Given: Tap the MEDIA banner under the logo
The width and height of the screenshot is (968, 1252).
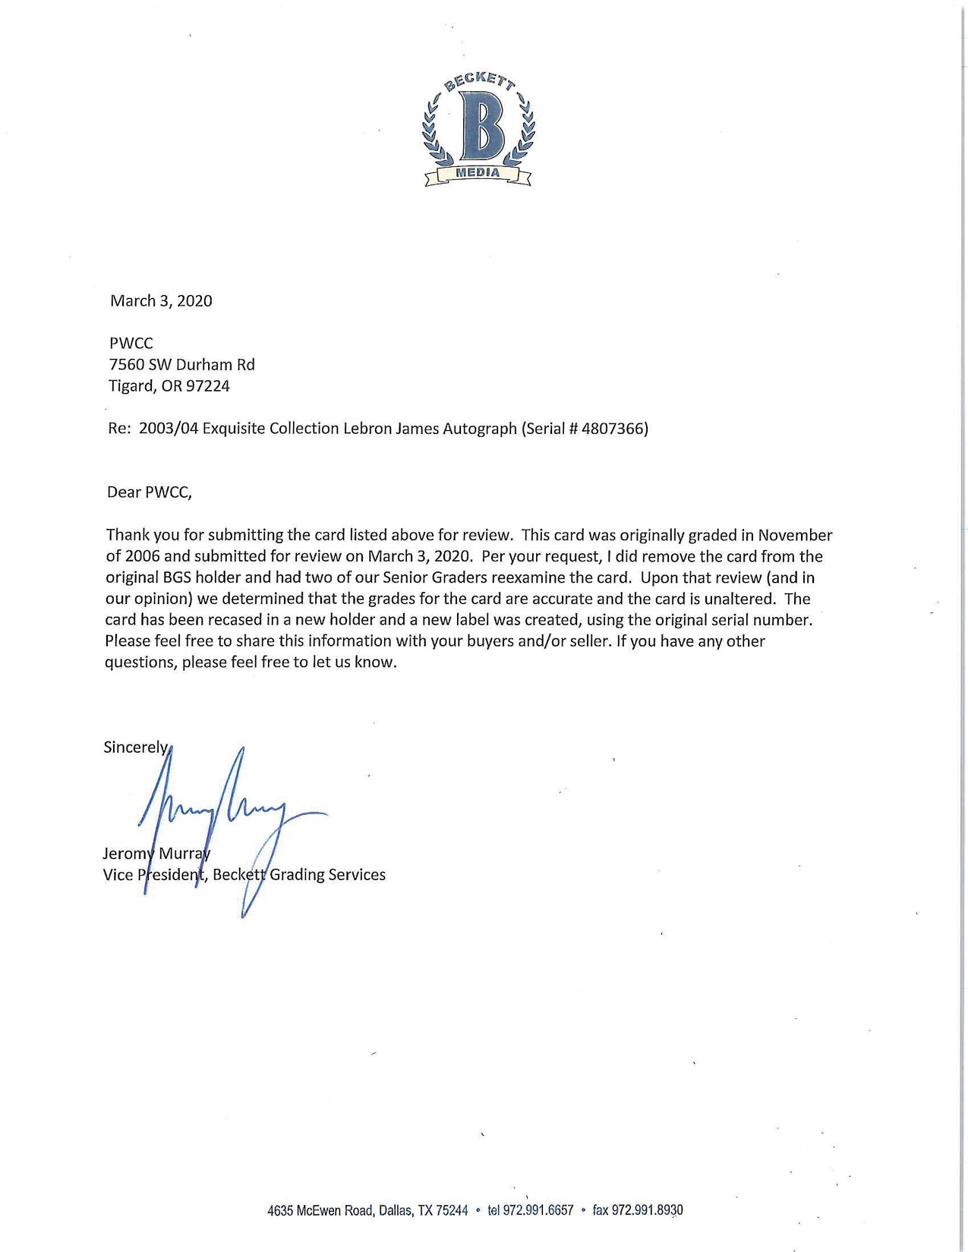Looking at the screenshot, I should tap(478, 174).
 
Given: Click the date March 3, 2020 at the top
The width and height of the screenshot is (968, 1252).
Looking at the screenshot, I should tap(161, 301).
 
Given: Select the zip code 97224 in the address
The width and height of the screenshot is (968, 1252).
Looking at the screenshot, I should tap(207, 386).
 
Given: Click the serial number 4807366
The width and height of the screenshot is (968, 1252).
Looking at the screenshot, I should tap(612, 429).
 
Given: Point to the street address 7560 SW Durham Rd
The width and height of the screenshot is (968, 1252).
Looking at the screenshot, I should tap(182, 365).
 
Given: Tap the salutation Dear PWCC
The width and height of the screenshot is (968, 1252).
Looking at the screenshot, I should tap(150, 492).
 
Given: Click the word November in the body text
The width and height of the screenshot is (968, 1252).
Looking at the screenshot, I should tap(795, 536).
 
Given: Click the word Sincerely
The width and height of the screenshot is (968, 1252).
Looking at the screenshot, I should tap(137, 747).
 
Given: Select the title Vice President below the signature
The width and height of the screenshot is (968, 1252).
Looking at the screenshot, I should tap(154, 875).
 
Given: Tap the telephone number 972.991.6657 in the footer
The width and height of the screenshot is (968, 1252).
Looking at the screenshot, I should tap(538, 1210).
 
